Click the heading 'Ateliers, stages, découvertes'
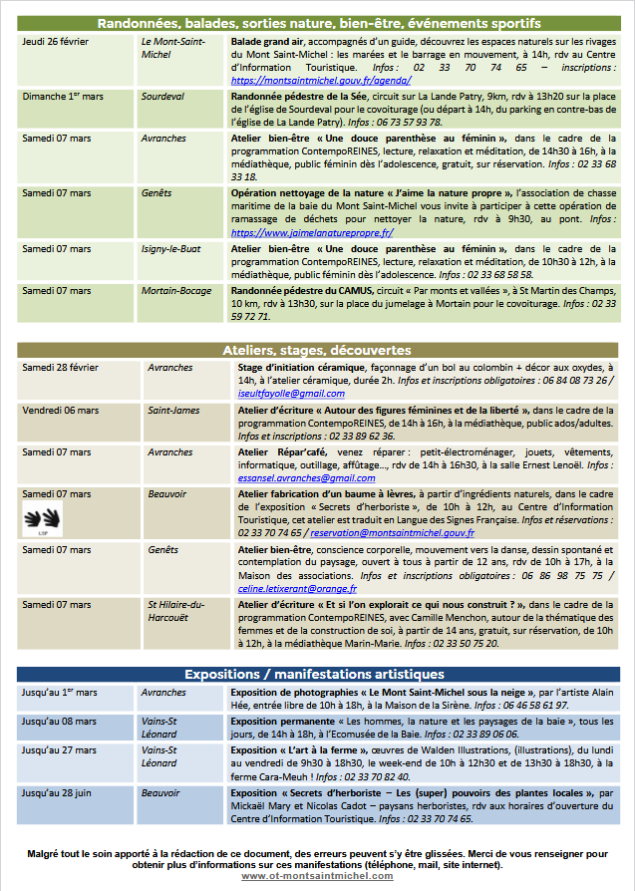317,351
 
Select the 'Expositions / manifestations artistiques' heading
317,673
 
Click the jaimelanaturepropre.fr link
313,232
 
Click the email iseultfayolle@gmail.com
291,394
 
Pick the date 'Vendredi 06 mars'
61,411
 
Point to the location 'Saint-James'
173,411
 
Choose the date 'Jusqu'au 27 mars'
59,750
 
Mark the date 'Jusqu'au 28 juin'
59,792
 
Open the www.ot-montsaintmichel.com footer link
317,876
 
